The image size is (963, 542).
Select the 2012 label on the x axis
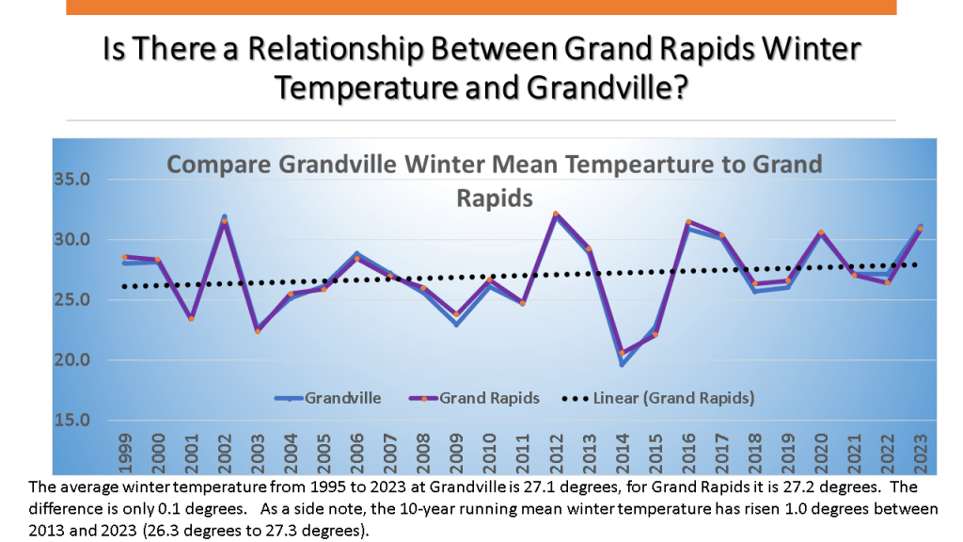[x=557, y=451]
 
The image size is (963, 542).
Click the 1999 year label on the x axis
[x=125, y=451]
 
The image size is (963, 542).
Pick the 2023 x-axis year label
[x=921, y=451]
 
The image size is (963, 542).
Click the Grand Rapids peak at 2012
[x=556, y=214]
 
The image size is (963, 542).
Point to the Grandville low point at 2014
[x=623, y=364]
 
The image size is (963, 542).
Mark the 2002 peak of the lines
[x=224, y=218]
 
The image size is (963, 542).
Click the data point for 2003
[x=258, y=330]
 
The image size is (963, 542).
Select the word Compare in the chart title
[x=218, y=166]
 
